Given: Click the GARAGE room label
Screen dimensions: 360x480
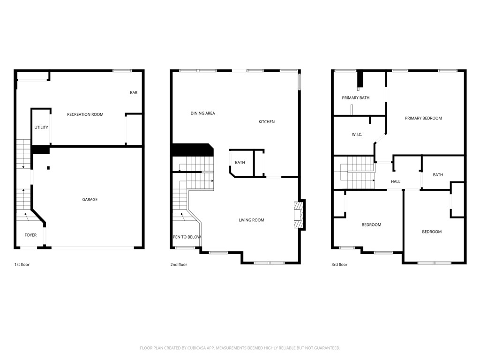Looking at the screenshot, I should (x=90, y=200).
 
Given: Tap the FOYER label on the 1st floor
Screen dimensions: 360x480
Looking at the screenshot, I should (x=30, y=235).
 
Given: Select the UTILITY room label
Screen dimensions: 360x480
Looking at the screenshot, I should (x=41, y=127).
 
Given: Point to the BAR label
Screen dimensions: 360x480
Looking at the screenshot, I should (x=134, y=93).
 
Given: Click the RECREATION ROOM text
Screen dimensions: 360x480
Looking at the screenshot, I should (x=85, y=114).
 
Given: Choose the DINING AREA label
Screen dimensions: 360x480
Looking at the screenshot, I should (x=203, y=113).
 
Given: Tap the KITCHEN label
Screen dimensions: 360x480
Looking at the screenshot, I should (x=267, y=122).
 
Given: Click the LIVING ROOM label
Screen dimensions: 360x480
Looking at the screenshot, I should (x=251, y=220).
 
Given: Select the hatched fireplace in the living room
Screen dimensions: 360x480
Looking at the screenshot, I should (x=298, y=216).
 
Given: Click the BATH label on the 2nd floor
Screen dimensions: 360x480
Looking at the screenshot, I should (x=240, y=163).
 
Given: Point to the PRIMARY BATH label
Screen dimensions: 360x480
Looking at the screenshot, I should (x=356, y=98).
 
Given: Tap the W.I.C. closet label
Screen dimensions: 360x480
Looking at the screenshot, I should (x=357, y=135).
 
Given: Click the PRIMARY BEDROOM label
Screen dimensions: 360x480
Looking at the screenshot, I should (x=423, y=118).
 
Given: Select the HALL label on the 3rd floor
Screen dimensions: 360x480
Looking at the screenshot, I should (x=396, y=182).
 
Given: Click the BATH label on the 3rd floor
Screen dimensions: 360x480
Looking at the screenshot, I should (x=438, y=175).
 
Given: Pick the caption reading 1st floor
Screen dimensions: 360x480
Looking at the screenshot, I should (x=22, y=265).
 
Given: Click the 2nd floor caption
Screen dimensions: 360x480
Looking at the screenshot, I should (x=179, y=265).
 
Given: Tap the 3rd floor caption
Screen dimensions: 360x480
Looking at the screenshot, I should (x=339, y=265).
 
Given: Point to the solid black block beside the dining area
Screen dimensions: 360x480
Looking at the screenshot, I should (x=192, y=150).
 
